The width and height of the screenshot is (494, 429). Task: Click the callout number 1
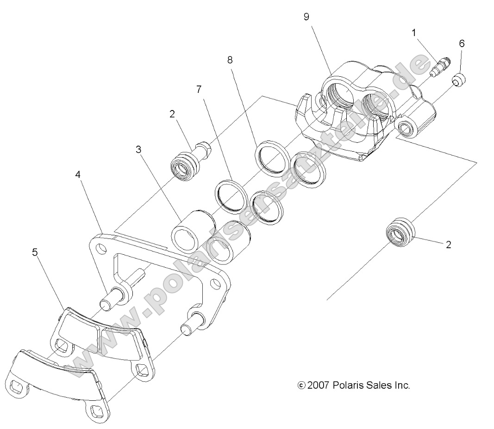[x=413, y=32]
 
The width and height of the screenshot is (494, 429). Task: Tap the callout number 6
[x=462, y=43]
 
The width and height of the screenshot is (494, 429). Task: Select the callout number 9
[x=306, y=17]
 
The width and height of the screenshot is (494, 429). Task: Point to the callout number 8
[x=231, y=60]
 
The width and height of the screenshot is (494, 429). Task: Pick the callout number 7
[x=199, y=89]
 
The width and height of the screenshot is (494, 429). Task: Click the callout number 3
[x=138, y=150]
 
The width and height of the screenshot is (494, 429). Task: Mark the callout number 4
[x=78, y=175]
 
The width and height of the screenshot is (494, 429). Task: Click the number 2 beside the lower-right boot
[x=448, y=245]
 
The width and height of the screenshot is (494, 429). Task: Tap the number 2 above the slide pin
[x=172, y=114]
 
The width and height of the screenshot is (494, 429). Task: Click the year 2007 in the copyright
[x=319, y=385]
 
